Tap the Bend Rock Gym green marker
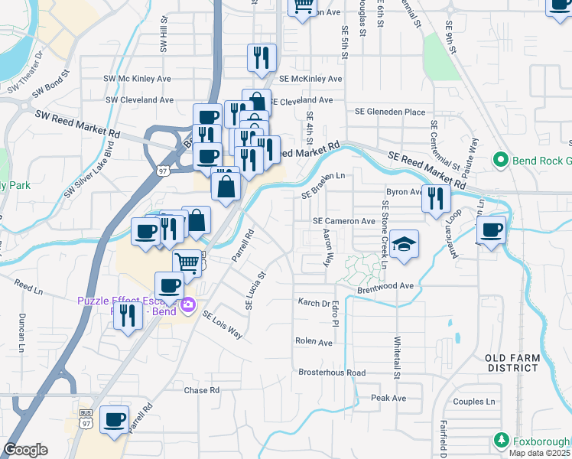point(502,160)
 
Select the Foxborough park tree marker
point(502,441)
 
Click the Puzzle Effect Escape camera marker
point(188,308)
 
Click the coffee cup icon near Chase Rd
point(115,418)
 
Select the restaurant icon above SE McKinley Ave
point(261,57)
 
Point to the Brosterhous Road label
point(332,373)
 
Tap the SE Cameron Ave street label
point(344,220)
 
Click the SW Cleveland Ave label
point(140,100)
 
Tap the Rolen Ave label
point(314,342)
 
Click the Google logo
point(26,450)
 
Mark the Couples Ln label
point(474,402)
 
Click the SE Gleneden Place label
point(390,112)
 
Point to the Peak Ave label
point(388,399)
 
